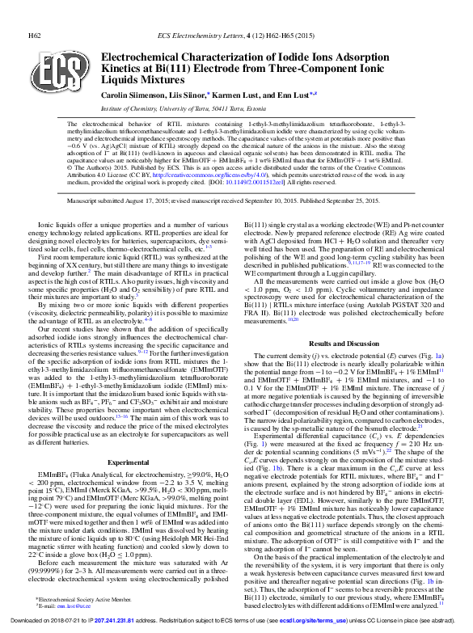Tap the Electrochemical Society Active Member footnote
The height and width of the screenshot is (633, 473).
click(84, 599)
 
